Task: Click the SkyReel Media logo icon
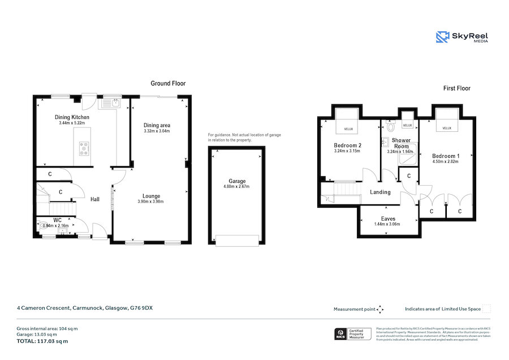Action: point(442,37)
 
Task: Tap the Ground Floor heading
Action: point(168,83)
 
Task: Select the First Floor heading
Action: point(456,88)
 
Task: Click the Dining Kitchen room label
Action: point(72,117)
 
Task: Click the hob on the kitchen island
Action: point(85,148)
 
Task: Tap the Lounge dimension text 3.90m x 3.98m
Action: point(150,202)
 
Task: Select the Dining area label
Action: point(157,125)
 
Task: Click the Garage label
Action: point(236,181)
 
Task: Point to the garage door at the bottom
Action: point(236,241)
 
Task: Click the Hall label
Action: point(95,199)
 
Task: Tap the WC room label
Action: point(57,220)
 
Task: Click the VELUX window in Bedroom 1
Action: point(447,128)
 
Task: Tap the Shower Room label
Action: point(401,143)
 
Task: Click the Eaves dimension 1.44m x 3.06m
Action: point(388,224)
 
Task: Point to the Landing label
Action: point(380,192)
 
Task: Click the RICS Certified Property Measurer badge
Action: point(353,334)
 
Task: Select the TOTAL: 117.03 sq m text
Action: point(42,341)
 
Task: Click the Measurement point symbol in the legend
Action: point(380,309)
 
